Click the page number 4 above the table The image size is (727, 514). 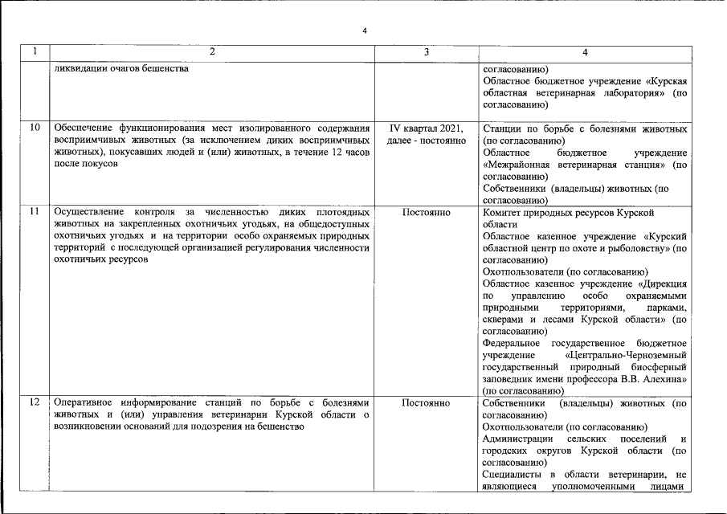[364, 31]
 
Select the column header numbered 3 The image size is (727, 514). [426, 52]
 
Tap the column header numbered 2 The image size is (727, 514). [212, 52]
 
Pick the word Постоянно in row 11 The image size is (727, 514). [426, 213]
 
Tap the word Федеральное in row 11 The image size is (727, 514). [514, 344]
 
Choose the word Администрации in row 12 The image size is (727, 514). [517, 439]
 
